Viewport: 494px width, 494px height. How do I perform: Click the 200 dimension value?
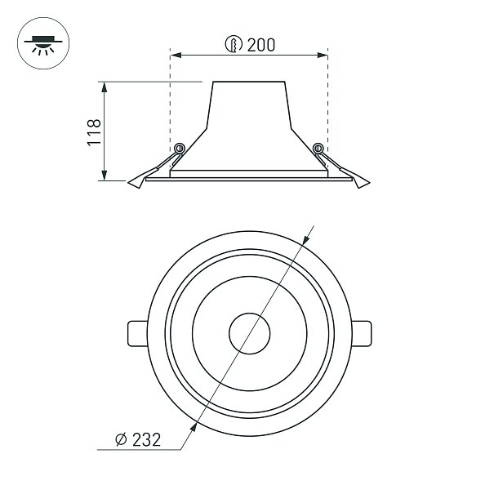pos(260,45)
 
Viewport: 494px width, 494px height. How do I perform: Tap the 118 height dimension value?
pos(94,132)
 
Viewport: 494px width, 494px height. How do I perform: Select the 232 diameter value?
pos(146,439)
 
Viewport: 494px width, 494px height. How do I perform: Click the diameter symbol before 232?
pos(121,439)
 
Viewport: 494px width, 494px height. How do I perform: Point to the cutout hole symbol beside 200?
pos(234,44)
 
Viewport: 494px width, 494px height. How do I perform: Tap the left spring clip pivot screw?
pos(180,148)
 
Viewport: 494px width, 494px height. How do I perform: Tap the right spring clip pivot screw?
pos(318,148)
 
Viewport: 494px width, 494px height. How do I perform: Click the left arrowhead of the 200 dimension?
pos(176,56)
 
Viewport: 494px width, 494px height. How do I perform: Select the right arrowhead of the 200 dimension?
pos(323,56)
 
